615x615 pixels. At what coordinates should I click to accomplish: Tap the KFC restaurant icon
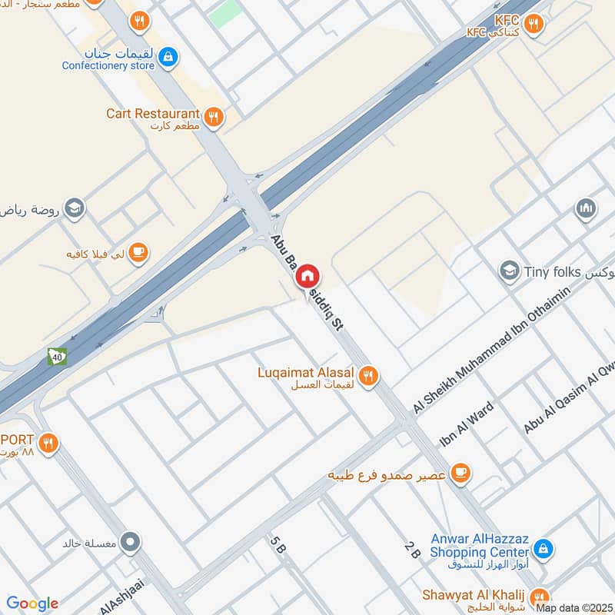pos(535,25)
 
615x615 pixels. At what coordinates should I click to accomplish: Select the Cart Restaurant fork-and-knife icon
pos(214,117)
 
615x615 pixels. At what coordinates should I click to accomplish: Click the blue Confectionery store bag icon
pos(169,56)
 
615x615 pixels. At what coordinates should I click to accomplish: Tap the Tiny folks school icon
pos(508,271)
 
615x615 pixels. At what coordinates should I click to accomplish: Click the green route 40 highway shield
pos(57,357)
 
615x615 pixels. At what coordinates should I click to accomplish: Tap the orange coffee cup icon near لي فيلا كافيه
pos(138,252)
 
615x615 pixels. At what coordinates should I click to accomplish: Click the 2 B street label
pos(412,550)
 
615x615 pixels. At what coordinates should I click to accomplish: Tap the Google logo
pos(32,603)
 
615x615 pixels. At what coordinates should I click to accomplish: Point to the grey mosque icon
pos(586,209)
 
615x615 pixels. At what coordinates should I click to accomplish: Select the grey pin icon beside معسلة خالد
pos(131,543)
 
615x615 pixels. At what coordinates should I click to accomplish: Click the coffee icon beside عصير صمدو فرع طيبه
pos(460,473)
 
